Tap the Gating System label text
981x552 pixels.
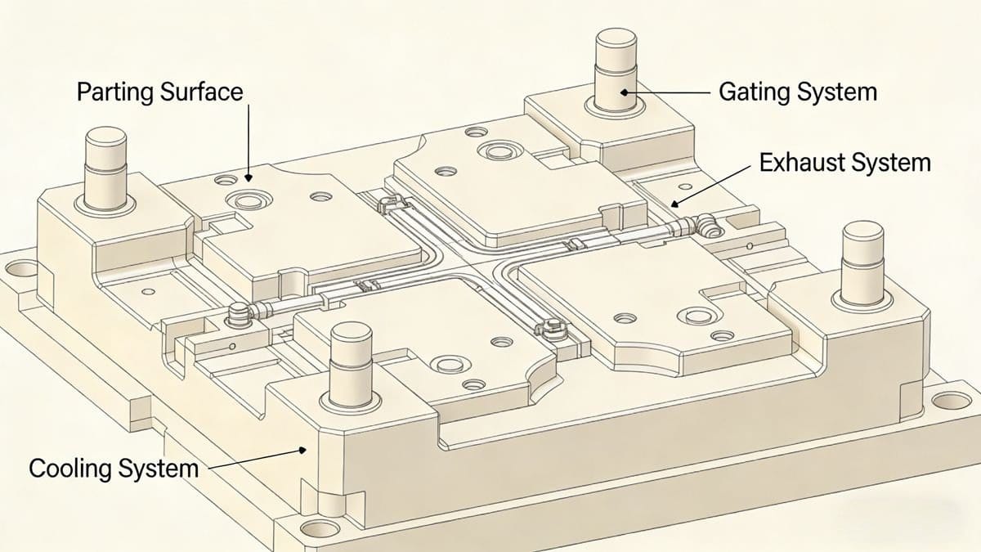797,92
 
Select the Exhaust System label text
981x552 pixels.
844,163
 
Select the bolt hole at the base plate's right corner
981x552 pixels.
950,401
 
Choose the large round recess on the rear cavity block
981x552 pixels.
496,150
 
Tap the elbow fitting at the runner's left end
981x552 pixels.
238,312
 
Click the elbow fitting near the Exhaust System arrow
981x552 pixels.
706,223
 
